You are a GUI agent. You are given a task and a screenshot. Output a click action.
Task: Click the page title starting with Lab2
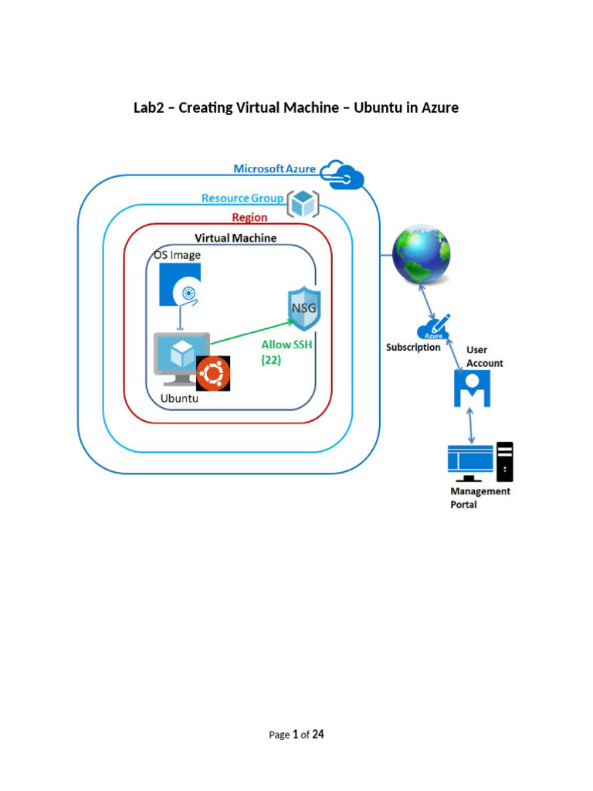click(296, 107)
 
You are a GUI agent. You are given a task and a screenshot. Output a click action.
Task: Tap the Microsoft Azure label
click(275, 169)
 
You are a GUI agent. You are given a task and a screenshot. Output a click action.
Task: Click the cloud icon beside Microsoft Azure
click(342, 175)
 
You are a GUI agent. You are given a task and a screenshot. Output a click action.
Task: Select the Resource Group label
click(242, 199)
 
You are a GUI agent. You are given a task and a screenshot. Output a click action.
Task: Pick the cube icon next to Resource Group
click(303, 205)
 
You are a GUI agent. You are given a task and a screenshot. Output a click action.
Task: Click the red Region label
click(249, 218)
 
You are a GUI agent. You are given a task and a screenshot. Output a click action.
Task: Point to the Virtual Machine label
click(236, 238)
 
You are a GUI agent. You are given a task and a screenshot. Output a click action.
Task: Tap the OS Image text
click(176, 255)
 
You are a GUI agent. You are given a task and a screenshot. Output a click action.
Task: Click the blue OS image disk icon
click(180, 284)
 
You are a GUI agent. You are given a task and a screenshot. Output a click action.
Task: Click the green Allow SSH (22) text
click(286, 352)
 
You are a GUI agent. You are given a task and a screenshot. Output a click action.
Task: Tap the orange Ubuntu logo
click(213, 375)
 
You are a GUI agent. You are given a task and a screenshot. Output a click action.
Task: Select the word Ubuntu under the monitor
click(179, 399)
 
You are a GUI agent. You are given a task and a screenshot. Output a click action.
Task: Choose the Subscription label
click(413, 348)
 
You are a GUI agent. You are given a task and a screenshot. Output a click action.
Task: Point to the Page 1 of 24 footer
click(296, 735)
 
